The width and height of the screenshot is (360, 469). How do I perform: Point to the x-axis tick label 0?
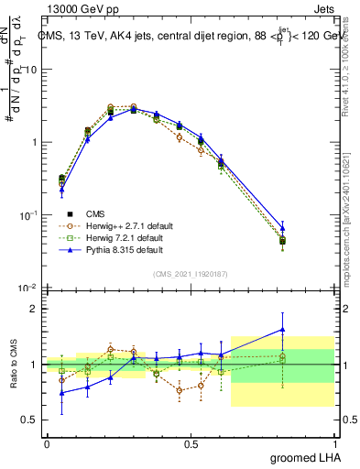tap(47, 444)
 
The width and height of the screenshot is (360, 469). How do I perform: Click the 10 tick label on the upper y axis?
tap(31, 70)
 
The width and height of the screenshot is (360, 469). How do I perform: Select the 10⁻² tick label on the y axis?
tap(27, 288)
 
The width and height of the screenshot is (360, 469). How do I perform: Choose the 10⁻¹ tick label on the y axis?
tap(27, 215)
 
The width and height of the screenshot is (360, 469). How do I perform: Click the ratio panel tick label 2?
tap(35, 309)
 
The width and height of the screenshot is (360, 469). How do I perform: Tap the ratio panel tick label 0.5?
tap(30, 419)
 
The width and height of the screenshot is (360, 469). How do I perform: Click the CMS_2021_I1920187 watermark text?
tap(190, 273)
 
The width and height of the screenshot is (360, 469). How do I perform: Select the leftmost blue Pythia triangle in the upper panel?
tap(61, 190)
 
